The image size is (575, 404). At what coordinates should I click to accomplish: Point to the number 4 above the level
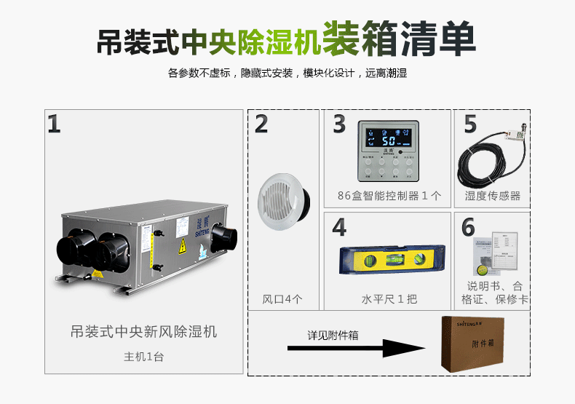point(339,228)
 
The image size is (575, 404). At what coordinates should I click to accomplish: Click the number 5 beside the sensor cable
point(470,124)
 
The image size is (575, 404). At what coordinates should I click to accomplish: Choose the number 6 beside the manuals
point(469,228)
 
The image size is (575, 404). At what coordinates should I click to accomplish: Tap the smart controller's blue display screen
point(393,138)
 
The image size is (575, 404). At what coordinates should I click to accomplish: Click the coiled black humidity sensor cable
point(480,160)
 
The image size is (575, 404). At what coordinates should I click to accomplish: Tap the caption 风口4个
point(282,299)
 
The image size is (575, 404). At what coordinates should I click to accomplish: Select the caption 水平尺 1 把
point(389,299)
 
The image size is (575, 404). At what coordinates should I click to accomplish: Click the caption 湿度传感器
point(493,196)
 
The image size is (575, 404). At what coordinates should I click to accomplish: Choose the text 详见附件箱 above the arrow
point(333,335)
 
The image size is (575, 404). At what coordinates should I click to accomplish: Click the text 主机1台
point(143,357)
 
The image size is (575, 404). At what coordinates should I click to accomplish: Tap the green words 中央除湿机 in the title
point(247,41)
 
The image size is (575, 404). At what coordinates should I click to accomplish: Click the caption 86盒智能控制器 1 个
point(389,196)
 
